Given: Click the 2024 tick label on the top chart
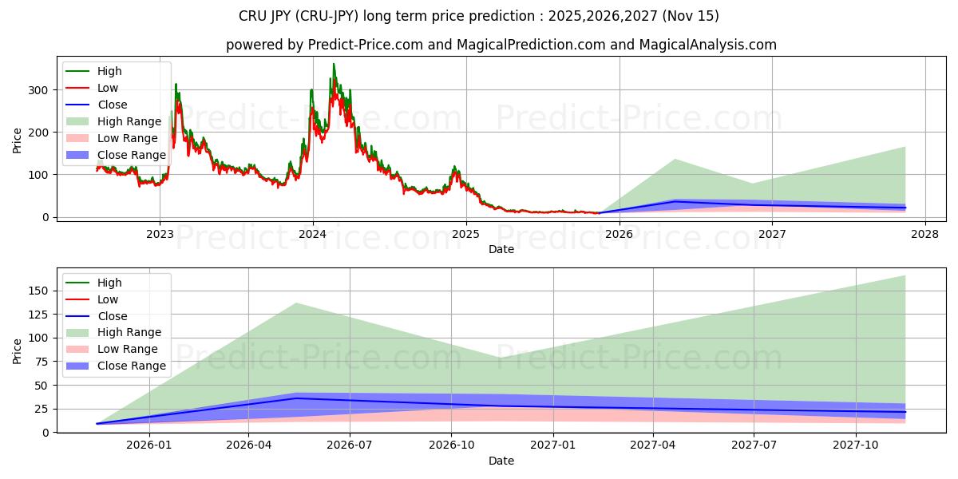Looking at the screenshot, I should [312, 234].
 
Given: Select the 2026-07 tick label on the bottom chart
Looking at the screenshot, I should [350, 445].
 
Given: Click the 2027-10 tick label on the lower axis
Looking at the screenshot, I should [856, 445].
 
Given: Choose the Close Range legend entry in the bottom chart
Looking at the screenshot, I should [132, 366].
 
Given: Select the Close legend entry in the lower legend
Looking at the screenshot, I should [112, 316].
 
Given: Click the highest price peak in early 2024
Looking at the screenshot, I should [334, 65].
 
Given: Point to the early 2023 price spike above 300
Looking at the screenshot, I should [176, 85].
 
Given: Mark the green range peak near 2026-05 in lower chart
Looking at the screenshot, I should [296, 303].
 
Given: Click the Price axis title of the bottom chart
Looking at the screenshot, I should [18, 350].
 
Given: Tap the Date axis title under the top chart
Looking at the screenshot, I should [501, 249].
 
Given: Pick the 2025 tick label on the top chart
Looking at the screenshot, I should [465, 234].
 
